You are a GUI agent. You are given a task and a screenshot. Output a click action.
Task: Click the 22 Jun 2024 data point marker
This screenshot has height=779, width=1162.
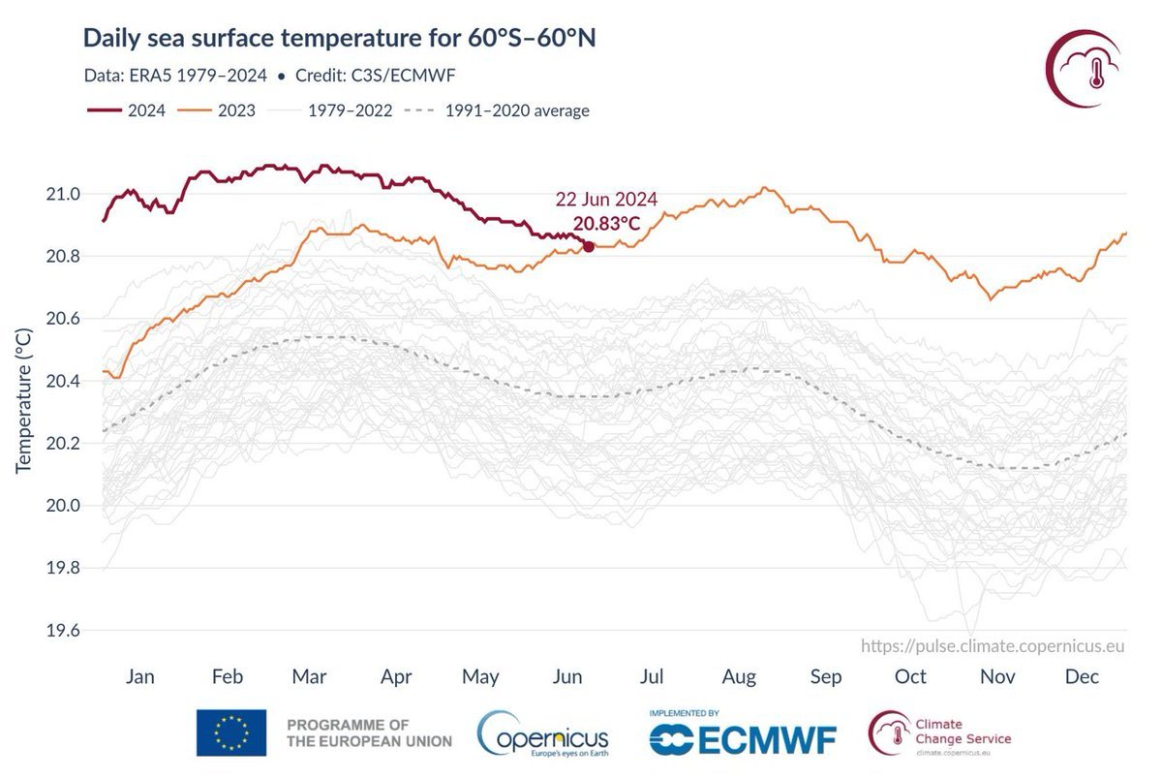589,247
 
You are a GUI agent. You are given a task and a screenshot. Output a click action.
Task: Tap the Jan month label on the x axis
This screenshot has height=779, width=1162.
140,676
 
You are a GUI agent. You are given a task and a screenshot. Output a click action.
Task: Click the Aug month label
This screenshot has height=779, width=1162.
740,676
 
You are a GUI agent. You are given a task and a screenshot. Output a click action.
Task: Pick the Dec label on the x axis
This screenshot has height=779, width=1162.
1082,676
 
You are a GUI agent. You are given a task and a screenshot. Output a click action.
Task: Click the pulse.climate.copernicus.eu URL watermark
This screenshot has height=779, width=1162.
993,646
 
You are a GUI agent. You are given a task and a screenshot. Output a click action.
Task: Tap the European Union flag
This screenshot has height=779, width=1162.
231,732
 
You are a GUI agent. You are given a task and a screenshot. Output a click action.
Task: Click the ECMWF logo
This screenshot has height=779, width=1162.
743,737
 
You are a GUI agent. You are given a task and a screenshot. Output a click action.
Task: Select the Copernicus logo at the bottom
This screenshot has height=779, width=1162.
543,734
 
